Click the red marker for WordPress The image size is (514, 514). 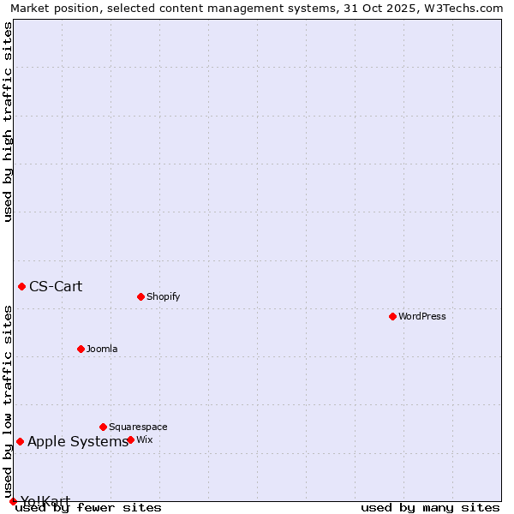[x=392, y=316]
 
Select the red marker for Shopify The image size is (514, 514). [x=140, y=297]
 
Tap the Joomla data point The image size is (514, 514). [x=81, y=349]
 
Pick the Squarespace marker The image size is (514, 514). [x=103, y=427]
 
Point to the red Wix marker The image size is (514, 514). [x=130, y=439]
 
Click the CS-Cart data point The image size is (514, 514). [x=21, y=286]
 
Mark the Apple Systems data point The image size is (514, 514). [x=20, y=441]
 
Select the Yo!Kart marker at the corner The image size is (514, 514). [x=13, y=501]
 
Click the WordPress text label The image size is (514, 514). [x=422, y=316]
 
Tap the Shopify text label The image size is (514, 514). [x=163, y=297]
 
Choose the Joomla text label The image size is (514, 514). [x=102, y=349]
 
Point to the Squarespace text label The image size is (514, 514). [x=138, y=427]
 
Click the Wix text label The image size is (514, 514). [x=145, y=439]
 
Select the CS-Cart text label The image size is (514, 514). [x=56, y=286]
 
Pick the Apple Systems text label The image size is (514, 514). [x=78, y=442]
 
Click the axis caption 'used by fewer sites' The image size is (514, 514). [x=88, y=508]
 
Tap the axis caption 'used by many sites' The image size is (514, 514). [x=430, y=508]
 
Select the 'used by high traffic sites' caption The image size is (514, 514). [x=8, y=122]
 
